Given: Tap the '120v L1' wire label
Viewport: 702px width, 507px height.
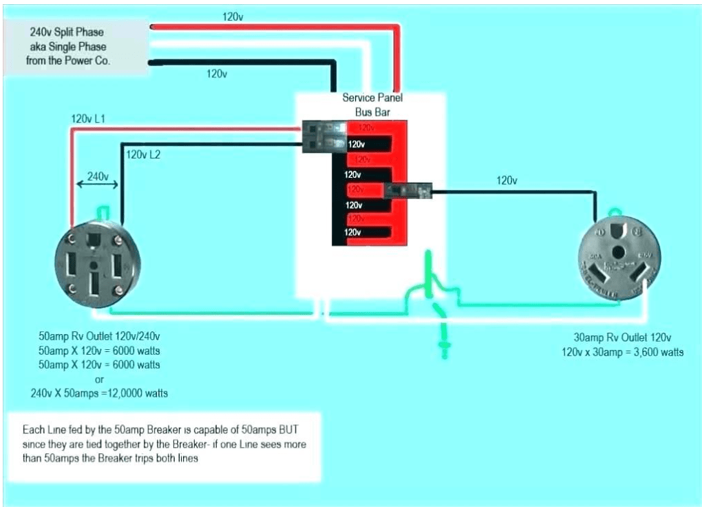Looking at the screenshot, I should point(88,119).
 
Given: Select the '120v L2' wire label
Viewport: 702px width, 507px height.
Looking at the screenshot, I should point(143,154).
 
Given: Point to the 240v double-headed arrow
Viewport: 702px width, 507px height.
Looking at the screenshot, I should point(97,184).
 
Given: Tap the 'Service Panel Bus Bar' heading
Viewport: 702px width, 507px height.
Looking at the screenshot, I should point(372,105).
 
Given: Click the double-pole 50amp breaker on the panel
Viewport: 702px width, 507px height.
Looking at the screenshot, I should point(324,136).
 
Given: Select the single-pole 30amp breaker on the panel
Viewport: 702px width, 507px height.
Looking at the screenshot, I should point(409,191).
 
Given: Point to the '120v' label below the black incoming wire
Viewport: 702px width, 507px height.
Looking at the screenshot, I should point(217,74).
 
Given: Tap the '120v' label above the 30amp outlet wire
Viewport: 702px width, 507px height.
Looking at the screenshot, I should point(506,180).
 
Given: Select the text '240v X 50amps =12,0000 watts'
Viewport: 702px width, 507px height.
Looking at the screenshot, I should point(99,393).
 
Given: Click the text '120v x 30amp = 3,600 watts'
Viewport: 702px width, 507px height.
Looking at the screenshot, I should point(623,352).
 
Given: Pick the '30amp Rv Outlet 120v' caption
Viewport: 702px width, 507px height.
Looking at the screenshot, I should point(622,338).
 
